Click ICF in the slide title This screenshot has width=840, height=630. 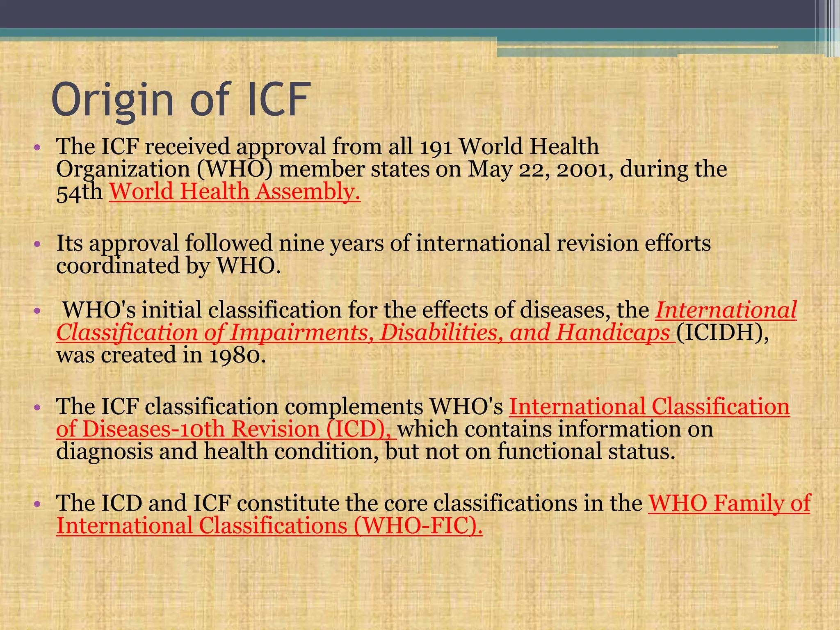[x=278, y=100]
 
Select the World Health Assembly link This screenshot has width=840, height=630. [x=235, y=192]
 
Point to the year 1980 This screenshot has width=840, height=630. [x=237, y=355]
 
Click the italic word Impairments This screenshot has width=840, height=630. [x=301, y=332]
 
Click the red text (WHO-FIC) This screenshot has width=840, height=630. [x=418, y=526]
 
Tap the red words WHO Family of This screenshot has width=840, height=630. [x=729, y=503]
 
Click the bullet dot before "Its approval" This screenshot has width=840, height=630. [x=37, y=244]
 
